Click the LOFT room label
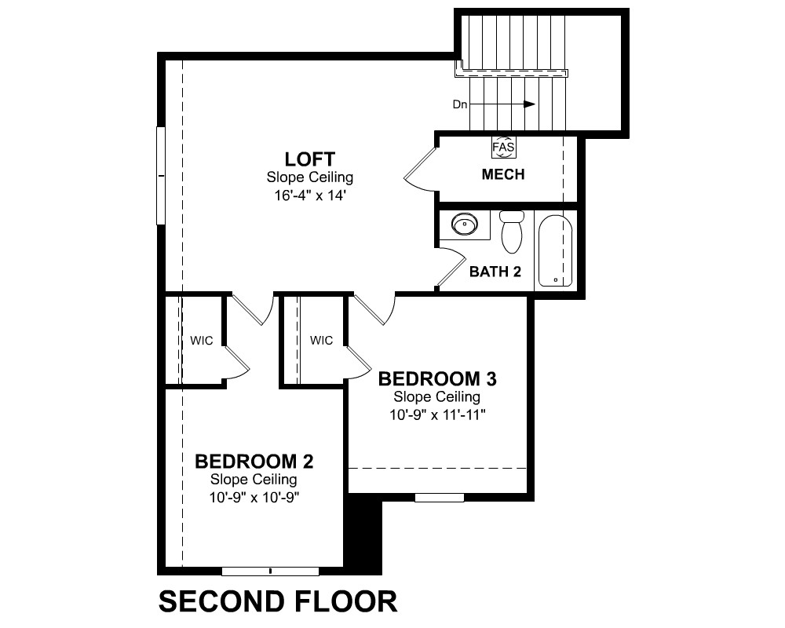[310, 159]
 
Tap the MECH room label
[503, 174]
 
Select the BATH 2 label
[495, 272]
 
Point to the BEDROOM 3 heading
[437, 378]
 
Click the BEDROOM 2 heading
[254, 462]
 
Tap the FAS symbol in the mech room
[503, 148]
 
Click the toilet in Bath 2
[512, 232]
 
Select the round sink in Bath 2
[465, 224]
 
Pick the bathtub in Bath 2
[555, 251]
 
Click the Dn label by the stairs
[459, 104]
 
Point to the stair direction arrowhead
[529, 104]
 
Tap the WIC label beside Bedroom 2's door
[201, 341]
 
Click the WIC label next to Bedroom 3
[321, 341]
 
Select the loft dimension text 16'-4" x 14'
[310, 195]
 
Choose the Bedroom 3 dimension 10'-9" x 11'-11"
[437, 414]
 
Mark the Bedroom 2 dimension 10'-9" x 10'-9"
[254, 497]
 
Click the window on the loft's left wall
[161, 176]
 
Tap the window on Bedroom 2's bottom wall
[270, 571]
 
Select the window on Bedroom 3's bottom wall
[440, 497]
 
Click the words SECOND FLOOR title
[278, 601]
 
